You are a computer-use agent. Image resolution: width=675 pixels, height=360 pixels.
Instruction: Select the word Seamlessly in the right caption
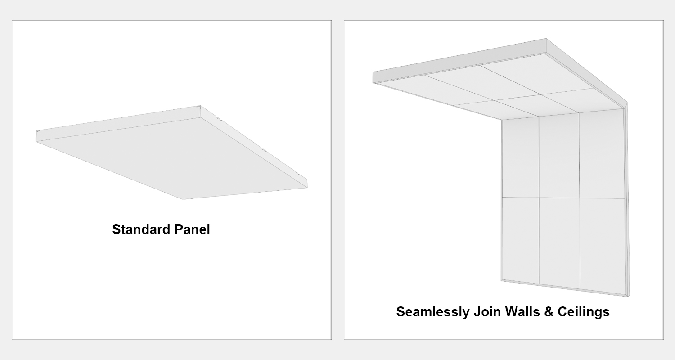tap(433, 312)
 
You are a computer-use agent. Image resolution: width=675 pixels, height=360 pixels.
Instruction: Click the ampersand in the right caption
tap(549, 312)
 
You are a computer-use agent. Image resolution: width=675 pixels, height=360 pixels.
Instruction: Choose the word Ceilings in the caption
tap(584, 312)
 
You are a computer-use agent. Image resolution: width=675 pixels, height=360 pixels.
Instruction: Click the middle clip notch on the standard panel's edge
tap(264, 149)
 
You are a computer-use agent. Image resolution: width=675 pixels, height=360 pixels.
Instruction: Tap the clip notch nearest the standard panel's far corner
tap(219, 119)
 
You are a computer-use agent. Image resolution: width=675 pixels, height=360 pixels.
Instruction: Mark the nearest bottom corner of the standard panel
tap(183, 199)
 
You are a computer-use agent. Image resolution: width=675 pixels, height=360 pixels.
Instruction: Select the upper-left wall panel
tap(520, 157)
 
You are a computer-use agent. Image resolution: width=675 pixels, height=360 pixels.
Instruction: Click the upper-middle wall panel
tap(559, 156)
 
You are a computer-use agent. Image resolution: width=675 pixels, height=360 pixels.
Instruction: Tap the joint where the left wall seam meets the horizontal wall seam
tap(539, 198)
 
